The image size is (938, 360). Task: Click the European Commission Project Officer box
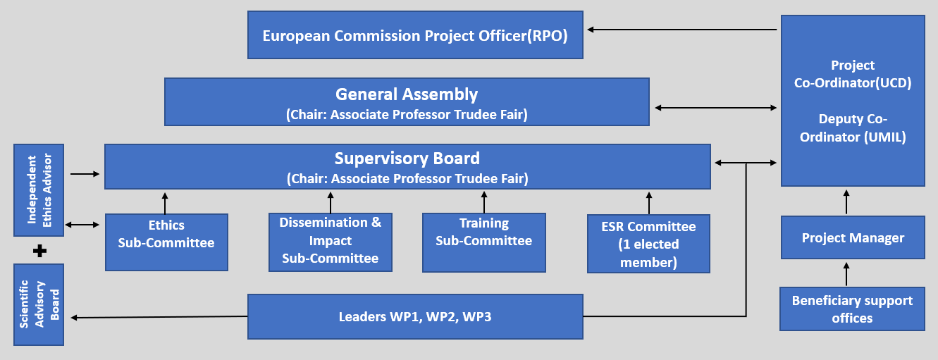[415, 35]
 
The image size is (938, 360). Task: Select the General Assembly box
[407, 102]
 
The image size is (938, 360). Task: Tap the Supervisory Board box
[407, 167]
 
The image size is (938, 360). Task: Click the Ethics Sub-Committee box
[166, 242]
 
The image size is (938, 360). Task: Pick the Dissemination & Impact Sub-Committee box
[331, 242]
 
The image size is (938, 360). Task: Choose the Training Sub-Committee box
[483, 242]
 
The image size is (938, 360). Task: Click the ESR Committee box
[648, 244]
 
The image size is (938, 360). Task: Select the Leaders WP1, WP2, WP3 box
[415, 316]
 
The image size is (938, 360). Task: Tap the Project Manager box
[852, 238]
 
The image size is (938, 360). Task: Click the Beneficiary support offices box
[852, 309]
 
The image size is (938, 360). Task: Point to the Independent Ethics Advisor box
[39, 190]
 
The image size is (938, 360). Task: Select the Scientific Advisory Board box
[39, 304]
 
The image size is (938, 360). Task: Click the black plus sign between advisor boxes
[39, 250]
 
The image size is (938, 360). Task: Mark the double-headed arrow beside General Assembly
[715, 108]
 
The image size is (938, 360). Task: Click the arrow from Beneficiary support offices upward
[847, 274]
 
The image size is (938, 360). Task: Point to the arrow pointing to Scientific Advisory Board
[159, 318]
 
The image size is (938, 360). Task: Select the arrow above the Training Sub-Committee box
[484, 201]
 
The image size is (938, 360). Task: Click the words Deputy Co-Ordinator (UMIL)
[853, 128]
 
